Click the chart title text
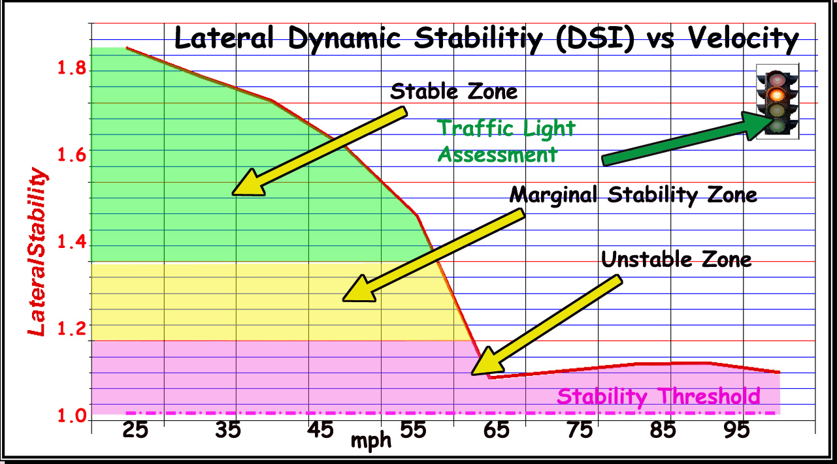coord(487,39)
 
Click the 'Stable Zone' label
coord(453,91)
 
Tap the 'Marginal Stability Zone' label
coord(633,194)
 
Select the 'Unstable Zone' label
coord(676,260)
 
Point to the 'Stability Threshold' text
coord(658,396)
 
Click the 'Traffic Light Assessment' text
coord(506,141)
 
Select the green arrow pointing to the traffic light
coord(687,139)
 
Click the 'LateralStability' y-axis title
coord(38,253)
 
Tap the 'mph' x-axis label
coord(371,441)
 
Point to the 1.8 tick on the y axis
coord(71,69)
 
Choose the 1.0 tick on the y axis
coord(71,416)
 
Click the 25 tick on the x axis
coord(135,430)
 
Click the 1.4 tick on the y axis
coord(71,243)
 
